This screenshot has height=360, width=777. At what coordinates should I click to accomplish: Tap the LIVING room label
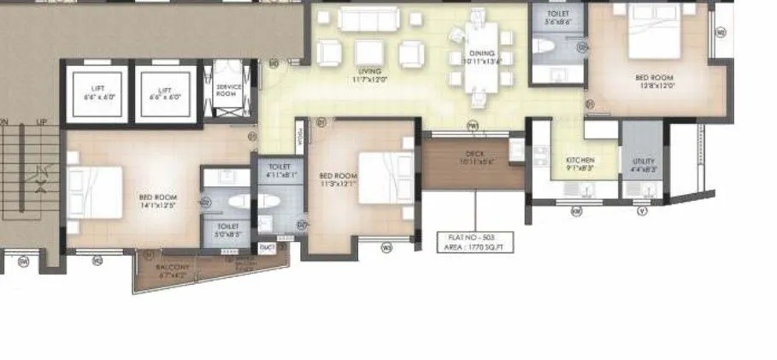[x=369, y=71]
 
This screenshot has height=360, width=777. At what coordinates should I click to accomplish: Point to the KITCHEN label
[x=580, y=160]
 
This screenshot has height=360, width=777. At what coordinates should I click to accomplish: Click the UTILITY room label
[x=644, y=161]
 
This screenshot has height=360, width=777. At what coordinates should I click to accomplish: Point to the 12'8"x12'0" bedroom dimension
[x=655, y=86]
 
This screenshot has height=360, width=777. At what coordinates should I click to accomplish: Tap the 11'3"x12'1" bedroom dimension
[x=337, y=184]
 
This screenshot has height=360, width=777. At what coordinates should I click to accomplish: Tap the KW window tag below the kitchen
[x=576, y=210]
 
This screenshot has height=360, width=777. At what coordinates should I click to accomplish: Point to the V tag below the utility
[x=642, y=210]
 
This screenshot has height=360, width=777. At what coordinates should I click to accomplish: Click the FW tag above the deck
[x=472, y=125]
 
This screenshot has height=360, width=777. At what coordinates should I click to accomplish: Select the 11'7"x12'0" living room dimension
[x=369, y=80]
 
